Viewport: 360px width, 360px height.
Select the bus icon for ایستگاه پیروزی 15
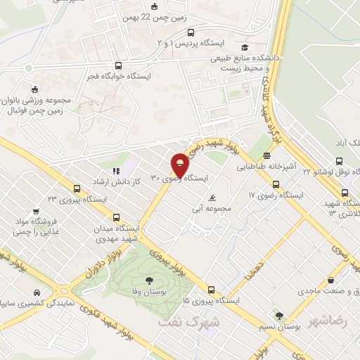coord(211,289)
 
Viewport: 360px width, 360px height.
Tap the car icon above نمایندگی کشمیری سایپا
coord(32,292)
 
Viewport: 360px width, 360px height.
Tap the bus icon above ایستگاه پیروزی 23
coord(77,188)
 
